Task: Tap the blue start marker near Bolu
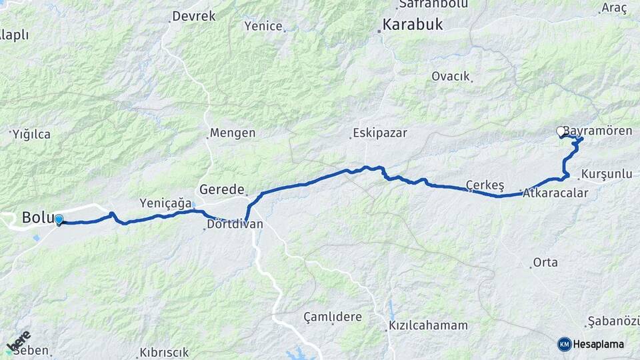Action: (x=59, y=219)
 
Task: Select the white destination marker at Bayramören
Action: (x=561, y=132)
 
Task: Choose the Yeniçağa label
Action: (x=165, y=203)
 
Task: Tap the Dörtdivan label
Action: (x=235, y=225)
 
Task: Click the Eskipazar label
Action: (x=379, y=133)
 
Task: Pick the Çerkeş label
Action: (x=485, y=185)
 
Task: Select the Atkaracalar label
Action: (x=555, y=193)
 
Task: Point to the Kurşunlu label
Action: (x=606, y=174)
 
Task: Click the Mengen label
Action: (x=232, y=133)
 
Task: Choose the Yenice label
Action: (x=264, y=26)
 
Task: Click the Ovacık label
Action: (x=451, y=76)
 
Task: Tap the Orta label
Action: (x=545, y=263)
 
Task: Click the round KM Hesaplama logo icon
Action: (x=564, y=344)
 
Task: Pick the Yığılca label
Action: (x=31, y=134)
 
